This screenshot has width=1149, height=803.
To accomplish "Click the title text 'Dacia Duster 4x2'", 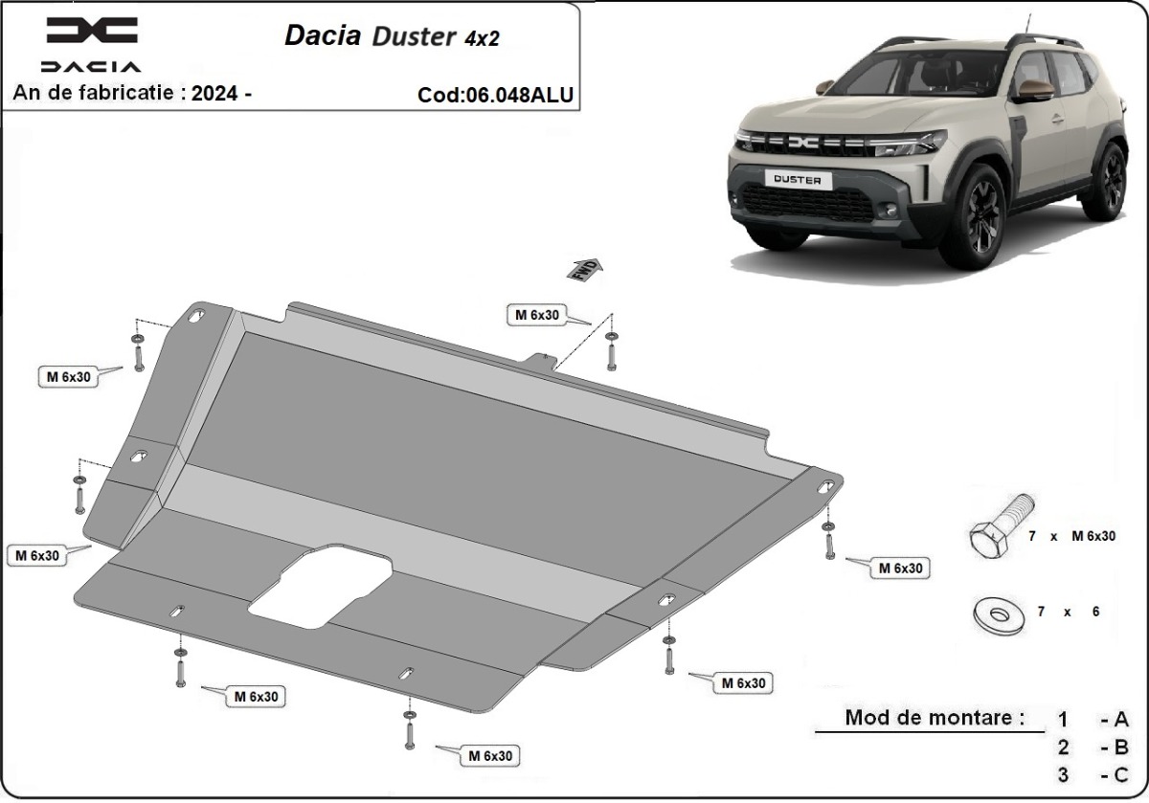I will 392,35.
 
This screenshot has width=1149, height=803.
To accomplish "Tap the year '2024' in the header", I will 215,93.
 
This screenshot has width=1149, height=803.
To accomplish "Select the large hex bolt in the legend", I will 999,532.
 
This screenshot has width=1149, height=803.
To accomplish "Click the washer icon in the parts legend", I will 996,613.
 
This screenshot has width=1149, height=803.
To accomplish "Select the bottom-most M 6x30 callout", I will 489,755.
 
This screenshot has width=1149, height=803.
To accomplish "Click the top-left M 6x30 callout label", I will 69,377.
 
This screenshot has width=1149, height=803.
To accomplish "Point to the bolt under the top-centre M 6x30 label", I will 612,354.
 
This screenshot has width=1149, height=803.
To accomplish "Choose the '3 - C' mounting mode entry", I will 1092,774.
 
